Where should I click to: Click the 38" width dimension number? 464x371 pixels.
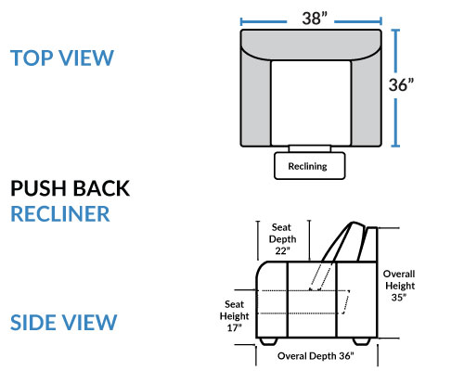[315, 19]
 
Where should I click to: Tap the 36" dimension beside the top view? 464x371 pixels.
[401, 84]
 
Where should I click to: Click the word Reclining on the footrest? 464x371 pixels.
[307, 166]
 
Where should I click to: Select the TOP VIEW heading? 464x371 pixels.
[62, 58]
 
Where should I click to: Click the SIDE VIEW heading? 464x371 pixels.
[64, 323]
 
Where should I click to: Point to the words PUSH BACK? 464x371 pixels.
[71, 188]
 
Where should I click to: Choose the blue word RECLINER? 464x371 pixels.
[60, 213]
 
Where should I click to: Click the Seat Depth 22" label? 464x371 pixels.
[282, 239]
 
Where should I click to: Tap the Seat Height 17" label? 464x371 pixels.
[234, 316]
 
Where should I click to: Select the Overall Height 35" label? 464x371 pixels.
[399, 286]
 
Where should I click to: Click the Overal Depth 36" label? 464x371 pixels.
[316, 356]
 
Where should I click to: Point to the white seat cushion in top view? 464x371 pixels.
[311, 103]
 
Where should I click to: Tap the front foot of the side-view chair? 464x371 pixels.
[268, 341]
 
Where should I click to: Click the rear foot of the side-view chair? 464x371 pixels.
[362, 341]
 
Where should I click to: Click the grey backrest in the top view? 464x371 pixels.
[311, 44]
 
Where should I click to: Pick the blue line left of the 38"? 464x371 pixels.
[264, 21]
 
